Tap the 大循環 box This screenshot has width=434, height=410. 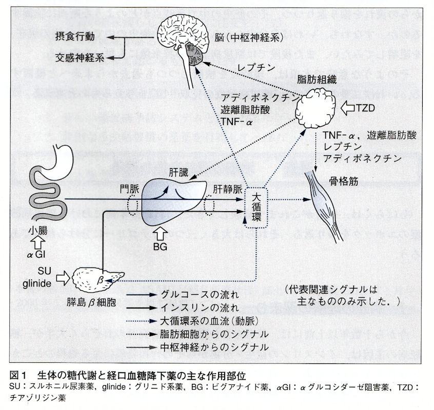point(256,207)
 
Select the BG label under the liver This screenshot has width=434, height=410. point(161,245)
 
